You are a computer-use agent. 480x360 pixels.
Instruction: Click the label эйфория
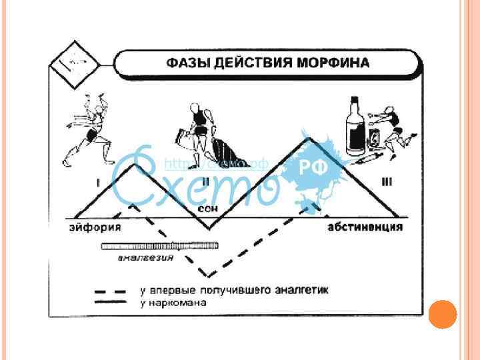pyautogui.click(x=95, y=227)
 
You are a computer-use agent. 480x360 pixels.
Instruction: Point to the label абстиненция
pyautogui.click(x=365, y=227)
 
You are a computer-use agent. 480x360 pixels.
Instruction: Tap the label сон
pyautogui.click(x=207, y=209)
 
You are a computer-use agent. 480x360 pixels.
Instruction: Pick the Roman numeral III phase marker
pyautogui.click(x=386, y=181)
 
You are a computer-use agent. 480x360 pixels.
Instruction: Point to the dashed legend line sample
pyautogui.click(x=110, y=291)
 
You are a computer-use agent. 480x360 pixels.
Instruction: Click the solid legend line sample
pyautogui.click(x=110, y=302)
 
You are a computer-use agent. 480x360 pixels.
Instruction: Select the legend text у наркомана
pyautogui.click(x=173, y=303)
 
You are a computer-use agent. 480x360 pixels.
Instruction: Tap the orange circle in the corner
pyautogui.click(x=443, y=314)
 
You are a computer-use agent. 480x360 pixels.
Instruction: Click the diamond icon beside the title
pyautogui.click(x=74, y=64)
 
